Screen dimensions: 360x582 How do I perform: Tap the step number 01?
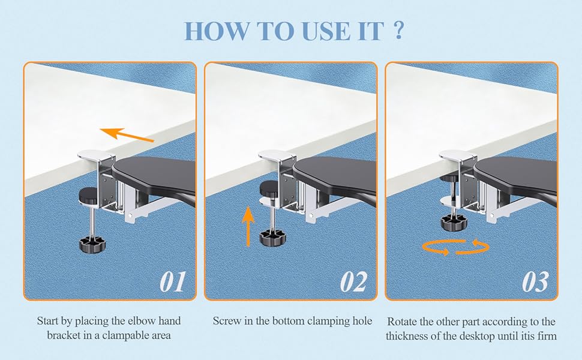coord(172,280)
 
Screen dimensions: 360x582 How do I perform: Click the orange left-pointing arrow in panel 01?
coord(126,135)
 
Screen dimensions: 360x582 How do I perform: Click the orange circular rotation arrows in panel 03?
coord(455,247)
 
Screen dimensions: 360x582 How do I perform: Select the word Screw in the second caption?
coord(227,321)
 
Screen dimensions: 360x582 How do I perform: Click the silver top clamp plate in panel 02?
coord(275,157)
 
